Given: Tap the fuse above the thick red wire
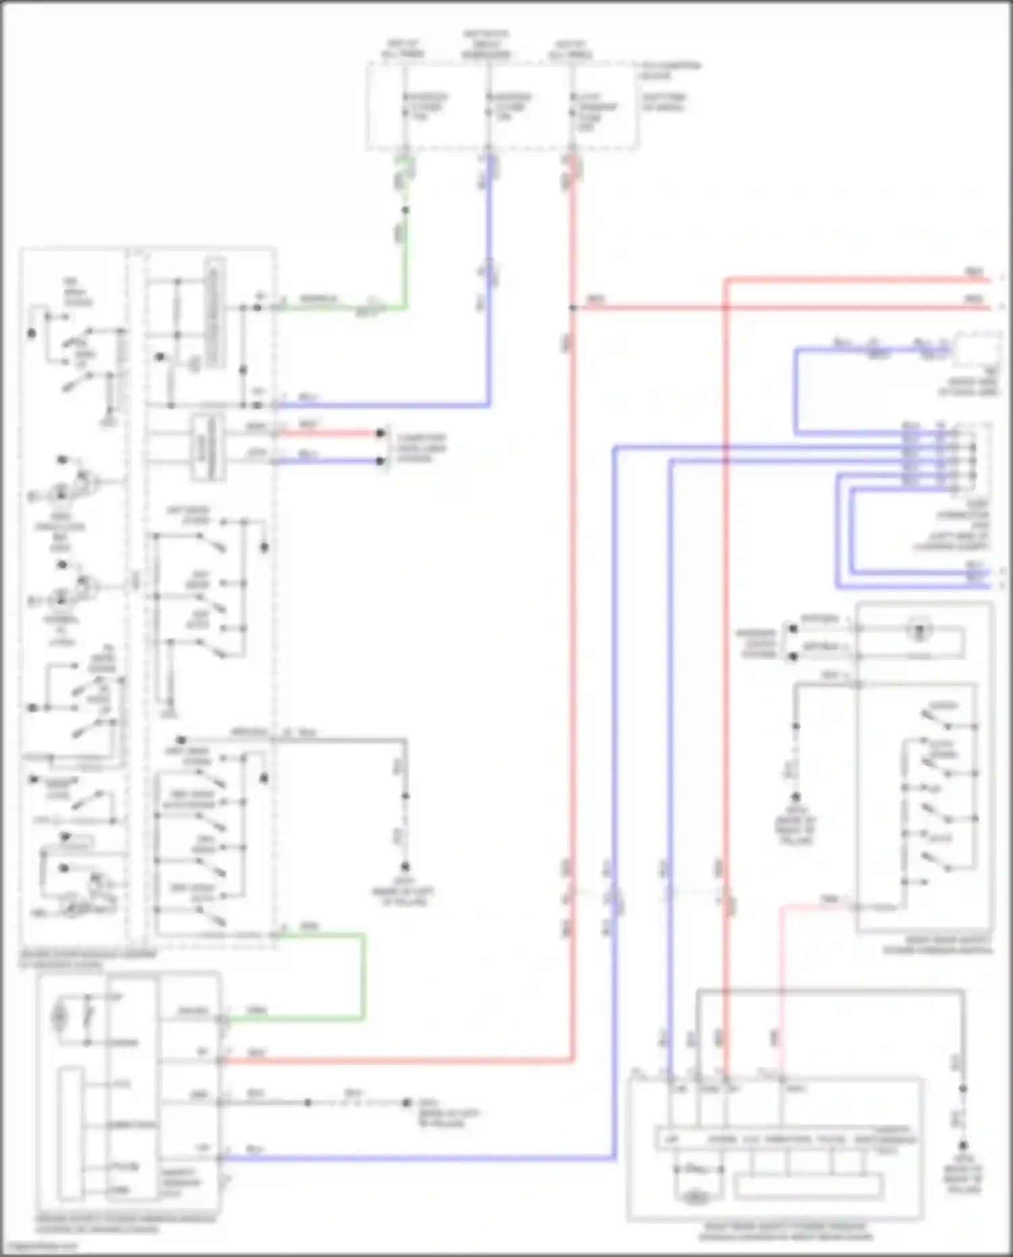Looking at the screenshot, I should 573,111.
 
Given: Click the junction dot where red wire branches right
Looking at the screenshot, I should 573,308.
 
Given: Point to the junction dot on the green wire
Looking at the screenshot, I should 405,211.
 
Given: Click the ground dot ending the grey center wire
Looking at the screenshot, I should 406,867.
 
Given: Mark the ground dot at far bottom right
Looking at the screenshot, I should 963,1146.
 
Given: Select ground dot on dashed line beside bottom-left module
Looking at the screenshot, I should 407,1102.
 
